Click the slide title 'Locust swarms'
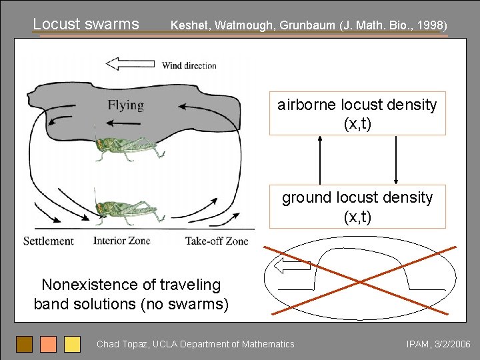click(86, 24)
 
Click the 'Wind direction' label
click(189, 65)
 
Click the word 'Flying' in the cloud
click(125, 105)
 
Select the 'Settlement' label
click(48, 241)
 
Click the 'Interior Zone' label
click(121, 241)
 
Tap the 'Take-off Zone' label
click(216, 241)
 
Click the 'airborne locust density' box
click(357, 114)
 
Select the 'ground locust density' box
click(357, 207)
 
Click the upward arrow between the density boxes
click(320, 160)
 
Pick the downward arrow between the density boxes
click(396, 160)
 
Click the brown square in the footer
click(25, 344)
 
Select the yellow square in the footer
click(72, 344)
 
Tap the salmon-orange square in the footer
click(48, 344)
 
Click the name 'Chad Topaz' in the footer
click(123, 344)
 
